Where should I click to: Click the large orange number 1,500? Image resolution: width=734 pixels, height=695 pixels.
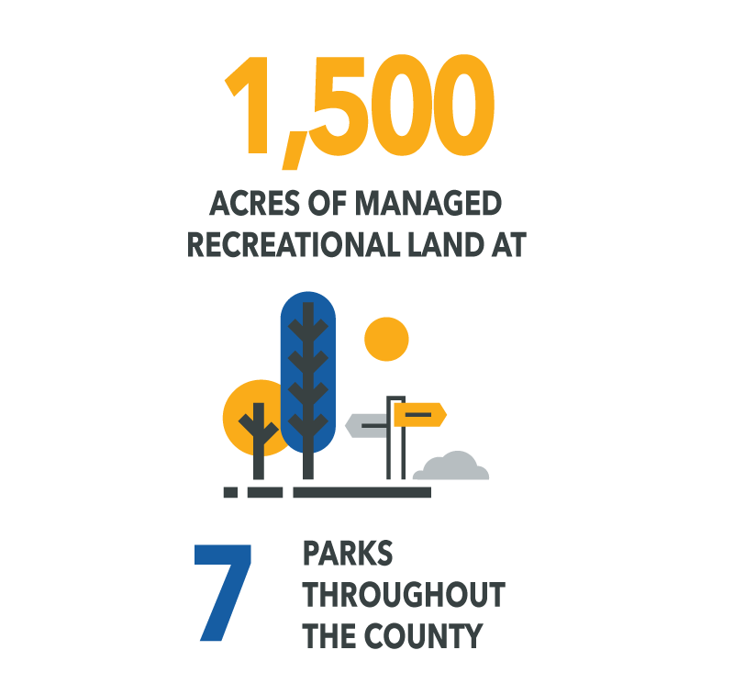click(x=360, y=110)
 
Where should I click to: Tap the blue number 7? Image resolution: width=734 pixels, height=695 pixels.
click(x=223, y=592)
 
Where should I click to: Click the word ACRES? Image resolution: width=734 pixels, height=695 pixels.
click(x=254, y=204)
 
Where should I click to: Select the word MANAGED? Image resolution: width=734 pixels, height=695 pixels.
click(x=428, y=204)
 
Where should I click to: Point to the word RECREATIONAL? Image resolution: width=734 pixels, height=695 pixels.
click(x=294, y=244)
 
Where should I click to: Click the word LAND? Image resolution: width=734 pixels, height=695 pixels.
click(x=446, y=244)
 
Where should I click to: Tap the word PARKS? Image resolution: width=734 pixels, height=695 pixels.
click(x=348, y=553)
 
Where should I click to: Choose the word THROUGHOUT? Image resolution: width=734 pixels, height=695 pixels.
click(x=404, y=594)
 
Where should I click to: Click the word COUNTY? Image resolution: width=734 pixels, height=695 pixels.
click(x=423, y=635)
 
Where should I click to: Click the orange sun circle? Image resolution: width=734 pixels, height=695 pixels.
click(x=386, y=339)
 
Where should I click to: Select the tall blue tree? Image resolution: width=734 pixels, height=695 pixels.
click(x=308, y=373)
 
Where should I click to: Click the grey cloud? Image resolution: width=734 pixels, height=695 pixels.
click(x=451, y=466)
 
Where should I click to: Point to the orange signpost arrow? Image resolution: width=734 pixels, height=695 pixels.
click(x=420, y=414)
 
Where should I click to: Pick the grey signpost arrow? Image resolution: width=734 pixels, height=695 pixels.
click(x=367, y=426)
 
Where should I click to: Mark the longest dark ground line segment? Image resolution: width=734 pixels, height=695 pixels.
click(x=361, y=492)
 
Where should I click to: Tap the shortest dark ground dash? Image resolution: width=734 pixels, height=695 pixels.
click(x=230, y=492)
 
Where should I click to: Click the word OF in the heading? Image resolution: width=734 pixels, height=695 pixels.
click(x=328, y=204)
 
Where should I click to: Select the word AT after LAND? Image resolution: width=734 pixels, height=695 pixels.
click(x=509, y=244)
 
